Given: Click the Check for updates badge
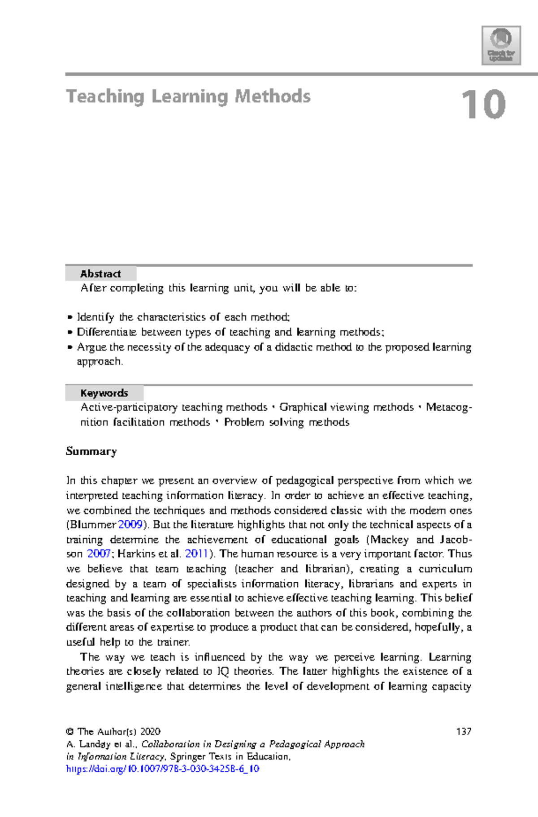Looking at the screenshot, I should tap(501, 45).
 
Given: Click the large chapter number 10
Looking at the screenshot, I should tap(483, 105).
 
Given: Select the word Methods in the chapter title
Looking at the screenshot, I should tap(273, 97).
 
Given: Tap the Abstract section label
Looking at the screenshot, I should tap(100, 274).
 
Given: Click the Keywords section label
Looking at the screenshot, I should tap(104, 393).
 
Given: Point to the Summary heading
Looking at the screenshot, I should tap(91, 451).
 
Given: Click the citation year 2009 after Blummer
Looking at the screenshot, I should tap(130, 525).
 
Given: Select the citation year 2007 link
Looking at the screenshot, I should tap(98, 554).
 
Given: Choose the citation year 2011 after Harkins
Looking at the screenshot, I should tap(196, 554).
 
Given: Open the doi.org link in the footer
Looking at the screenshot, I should tap(162, 769).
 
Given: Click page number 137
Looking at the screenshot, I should tap(464, 732).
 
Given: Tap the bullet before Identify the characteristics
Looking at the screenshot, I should tap(69, 318).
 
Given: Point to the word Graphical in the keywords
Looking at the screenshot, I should tap(303, 407).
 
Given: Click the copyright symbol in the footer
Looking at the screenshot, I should tap(69, 732).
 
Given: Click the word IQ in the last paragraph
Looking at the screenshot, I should tap(223, 672).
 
